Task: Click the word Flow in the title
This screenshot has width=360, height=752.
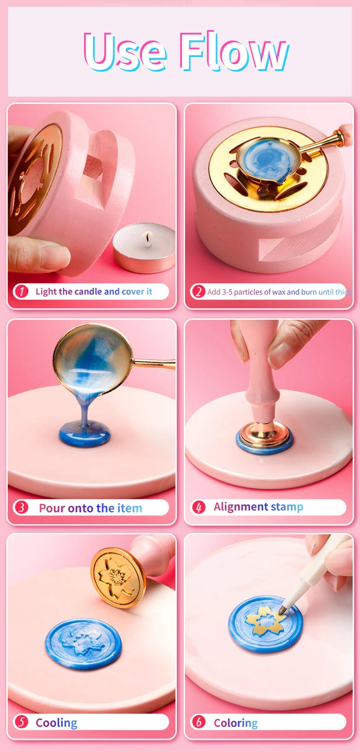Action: [234, 51]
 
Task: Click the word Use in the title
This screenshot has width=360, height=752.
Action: [125, 51]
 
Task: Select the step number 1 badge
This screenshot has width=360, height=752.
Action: [21, 291]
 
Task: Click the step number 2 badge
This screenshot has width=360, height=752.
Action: [198, 291]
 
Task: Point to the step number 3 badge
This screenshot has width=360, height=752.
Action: [21, 507]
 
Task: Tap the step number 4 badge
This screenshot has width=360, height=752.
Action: [198, 507]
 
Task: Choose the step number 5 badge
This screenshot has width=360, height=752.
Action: [21, 722]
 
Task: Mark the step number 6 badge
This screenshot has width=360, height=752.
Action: [198, 722]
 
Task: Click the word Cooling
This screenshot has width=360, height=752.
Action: [56, 723]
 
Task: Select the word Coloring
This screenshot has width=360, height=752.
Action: [235, 723]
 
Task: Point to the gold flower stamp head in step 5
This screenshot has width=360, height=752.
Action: [118, 577]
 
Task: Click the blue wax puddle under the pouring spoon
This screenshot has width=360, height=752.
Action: [85, 435]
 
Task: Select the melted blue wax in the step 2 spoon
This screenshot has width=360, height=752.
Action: [269, 160]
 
